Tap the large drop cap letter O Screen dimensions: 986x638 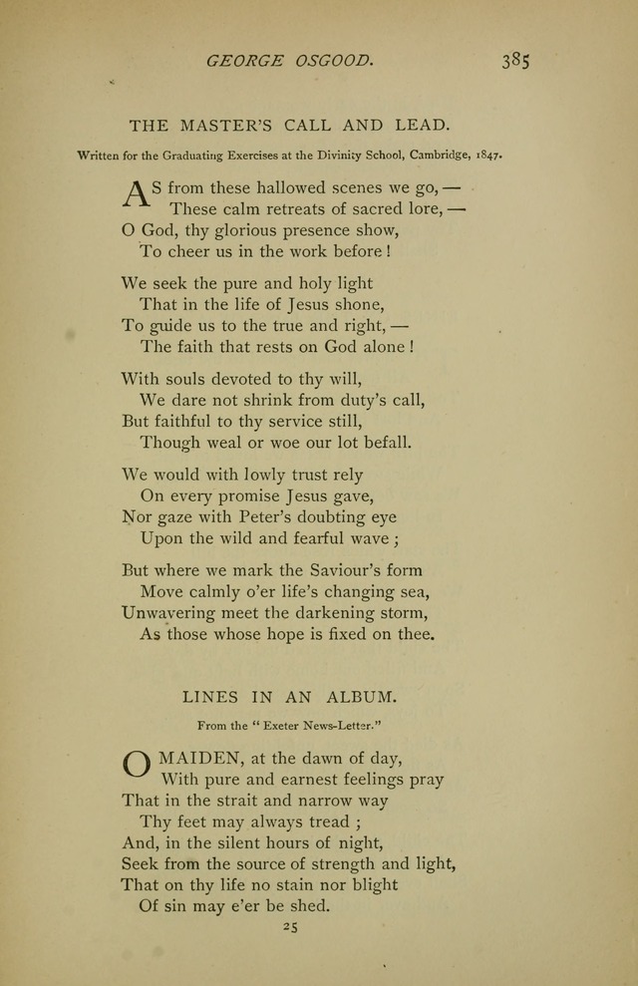coord(136,766)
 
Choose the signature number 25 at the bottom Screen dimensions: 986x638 coord(290,926)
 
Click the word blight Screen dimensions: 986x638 coord(369,884)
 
